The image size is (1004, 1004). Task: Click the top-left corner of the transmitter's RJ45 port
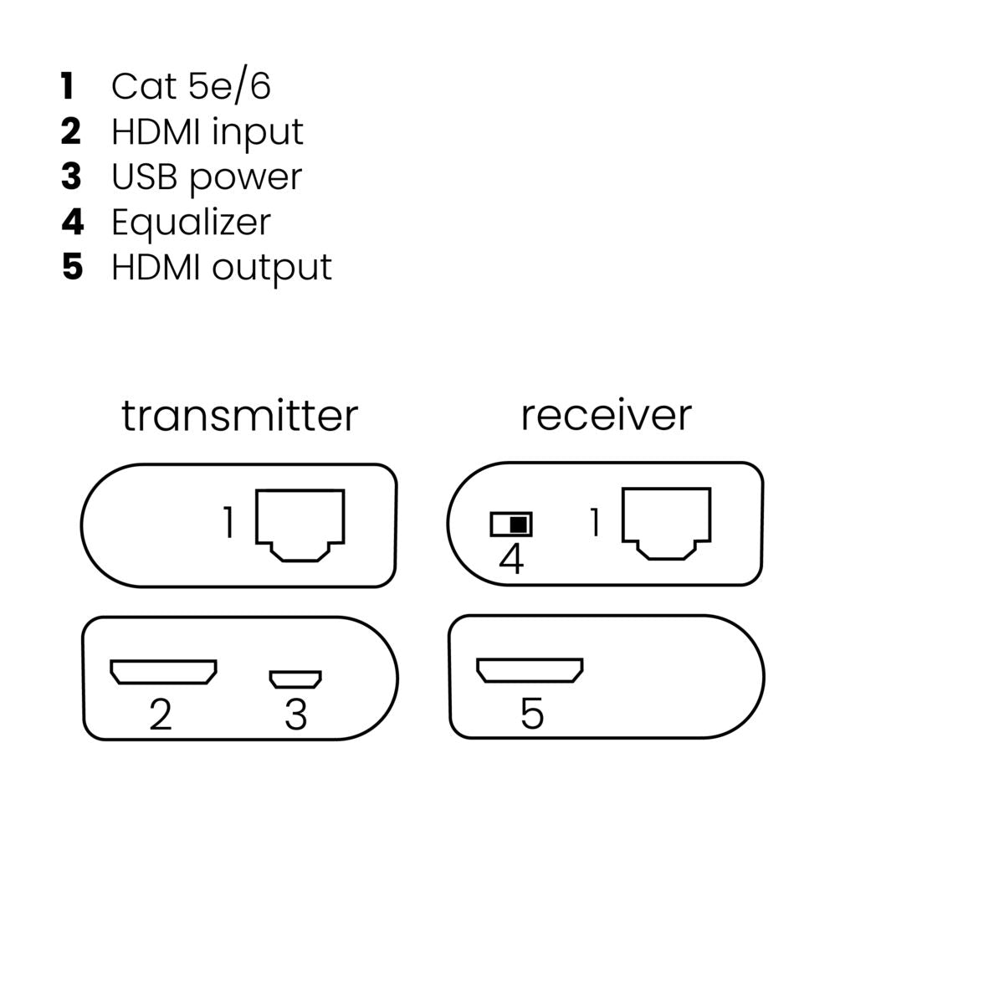coord(256,489)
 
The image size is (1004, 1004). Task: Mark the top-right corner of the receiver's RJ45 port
coord(710,488)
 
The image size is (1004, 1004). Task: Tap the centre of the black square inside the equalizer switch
coord(518,525)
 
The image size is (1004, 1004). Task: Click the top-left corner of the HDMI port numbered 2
coord(110,661)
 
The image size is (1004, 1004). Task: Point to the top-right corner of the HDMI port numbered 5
coord(582,659)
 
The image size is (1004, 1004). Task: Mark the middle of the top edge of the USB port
coord(295,671)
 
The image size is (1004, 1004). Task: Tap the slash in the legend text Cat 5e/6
coord(240,86)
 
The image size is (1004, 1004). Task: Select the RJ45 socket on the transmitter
coord(300,525)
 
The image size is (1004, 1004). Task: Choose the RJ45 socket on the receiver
coord(666,524)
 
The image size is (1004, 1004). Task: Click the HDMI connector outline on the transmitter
coord(164,672)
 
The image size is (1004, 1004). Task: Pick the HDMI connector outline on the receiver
coord(530,670)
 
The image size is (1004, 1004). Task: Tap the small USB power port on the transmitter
coord(295,679)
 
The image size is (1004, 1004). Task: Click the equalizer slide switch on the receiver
coord(511,525)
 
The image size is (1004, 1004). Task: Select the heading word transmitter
coord(239,416)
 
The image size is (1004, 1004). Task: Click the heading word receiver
coord(606,417)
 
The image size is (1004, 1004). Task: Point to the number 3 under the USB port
coord(296,715)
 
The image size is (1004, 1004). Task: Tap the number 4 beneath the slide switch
coord(511,559)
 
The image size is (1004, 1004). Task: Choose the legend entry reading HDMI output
coord(222,268)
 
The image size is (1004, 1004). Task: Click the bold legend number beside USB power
coord(71,177)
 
